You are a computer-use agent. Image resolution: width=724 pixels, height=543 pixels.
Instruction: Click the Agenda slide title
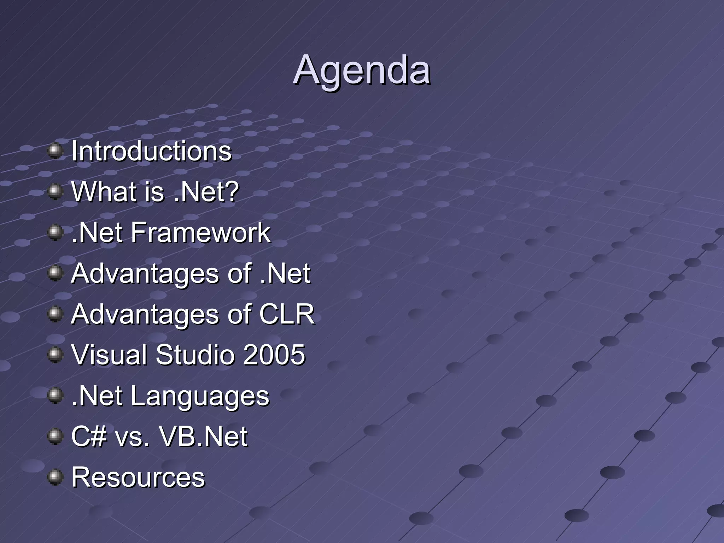362,70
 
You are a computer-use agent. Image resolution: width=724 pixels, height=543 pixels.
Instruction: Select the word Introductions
151,151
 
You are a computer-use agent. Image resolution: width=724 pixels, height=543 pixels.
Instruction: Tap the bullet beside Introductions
55,151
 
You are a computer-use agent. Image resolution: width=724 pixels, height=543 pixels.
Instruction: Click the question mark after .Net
232,192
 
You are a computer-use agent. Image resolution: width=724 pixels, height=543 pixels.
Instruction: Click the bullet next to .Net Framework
55,233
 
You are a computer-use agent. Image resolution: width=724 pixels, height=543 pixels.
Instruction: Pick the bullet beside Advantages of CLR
55,314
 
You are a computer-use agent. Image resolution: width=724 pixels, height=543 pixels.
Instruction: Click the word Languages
200,396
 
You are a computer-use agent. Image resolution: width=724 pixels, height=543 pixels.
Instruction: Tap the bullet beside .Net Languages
55,395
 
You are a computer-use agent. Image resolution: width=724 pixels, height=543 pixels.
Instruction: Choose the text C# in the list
89,436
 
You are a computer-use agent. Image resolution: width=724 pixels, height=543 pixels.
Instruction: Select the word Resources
138,477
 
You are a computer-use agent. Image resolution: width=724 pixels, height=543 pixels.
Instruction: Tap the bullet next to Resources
55,477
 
